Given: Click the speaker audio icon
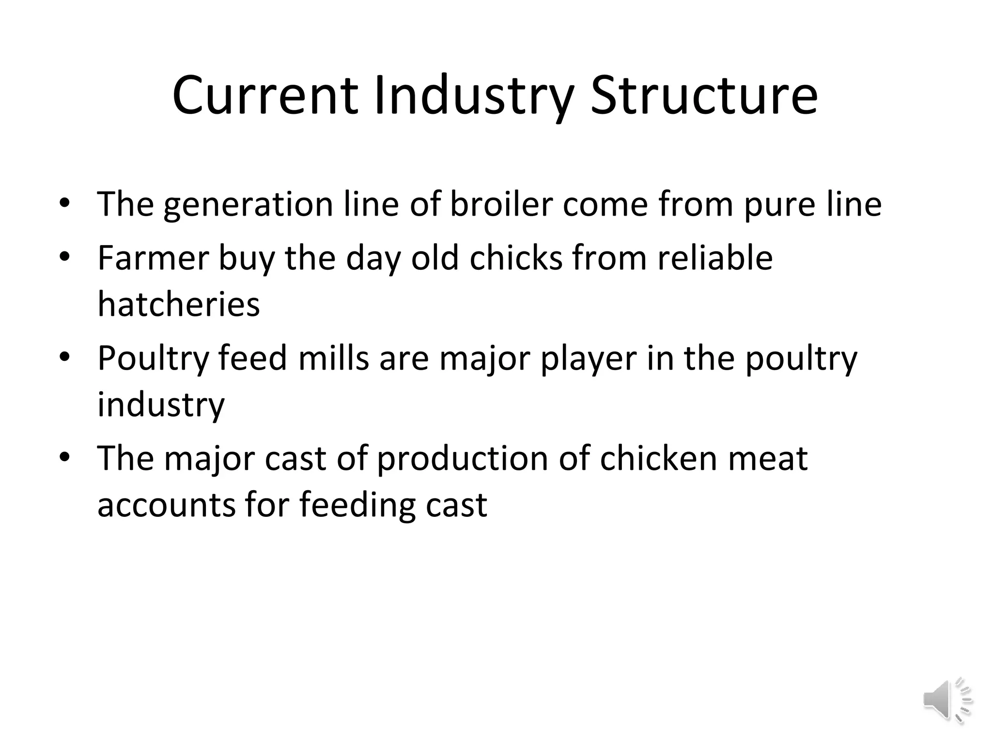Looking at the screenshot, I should pos(947,700).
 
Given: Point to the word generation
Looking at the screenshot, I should pos(248,205).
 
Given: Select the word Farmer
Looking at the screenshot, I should pos(153,258).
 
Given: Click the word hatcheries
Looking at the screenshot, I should pos(179,305).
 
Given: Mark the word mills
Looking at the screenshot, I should pos(334,358).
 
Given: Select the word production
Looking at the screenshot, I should pos(462,458).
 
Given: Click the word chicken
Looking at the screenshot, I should pos(658,458).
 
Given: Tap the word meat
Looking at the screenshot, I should pos(768,458).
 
